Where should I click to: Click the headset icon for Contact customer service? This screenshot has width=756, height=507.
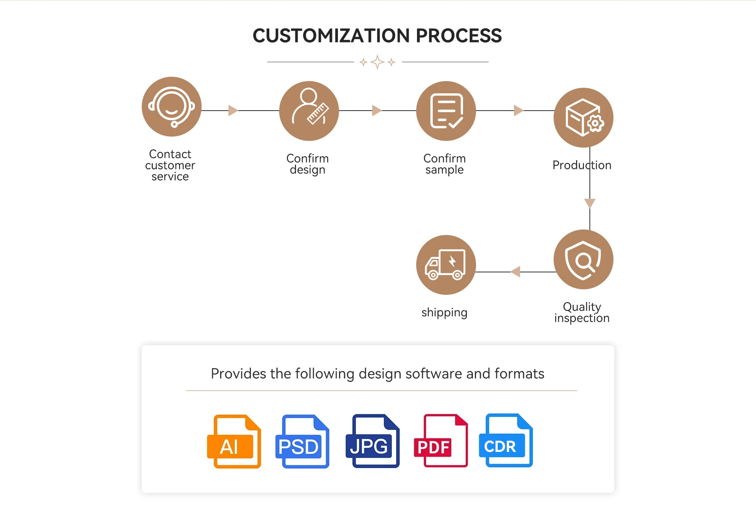[x=172, y=107]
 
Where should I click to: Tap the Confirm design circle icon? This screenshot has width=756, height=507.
[x=309, y=111]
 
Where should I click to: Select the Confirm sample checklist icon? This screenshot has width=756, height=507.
[x=446, y=111]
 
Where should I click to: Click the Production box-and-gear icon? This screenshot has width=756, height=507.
[x=584, y=118]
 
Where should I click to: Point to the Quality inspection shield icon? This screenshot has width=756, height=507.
[x=584, y=259]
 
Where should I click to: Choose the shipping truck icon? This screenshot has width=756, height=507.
[x=446, y=265]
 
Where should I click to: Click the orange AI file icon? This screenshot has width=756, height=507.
[x=234, y=441]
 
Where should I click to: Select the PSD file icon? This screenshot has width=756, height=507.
[x=302, y=441]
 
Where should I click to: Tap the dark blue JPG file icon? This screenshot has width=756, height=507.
[x=372, y=441]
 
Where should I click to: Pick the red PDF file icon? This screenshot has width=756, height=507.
[x=441, y=440]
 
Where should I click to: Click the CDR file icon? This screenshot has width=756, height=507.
[x=506, y=440]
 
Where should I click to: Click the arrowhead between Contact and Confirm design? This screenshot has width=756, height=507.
[x=233, y=111]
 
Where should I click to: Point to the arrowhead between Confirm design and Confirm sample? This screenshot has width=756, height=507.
[x=377, y=111]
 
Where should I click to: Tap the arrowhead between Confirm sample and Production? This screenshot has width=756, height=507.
[x=519, y=111]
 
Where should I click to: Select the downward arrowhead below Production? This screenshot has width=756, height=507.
[x=590, y=203]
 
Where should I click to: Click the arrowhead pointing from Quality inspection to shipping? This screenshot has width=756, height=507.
[x=515, y=272]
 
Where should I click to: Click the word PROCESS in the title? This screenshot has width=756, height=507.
[x=459, y=36]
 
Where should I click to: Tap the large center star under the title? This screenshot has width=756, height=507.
[x=377, y=62]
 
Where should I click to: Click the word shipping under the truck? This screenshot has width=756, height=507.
[x=445, y=313]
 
